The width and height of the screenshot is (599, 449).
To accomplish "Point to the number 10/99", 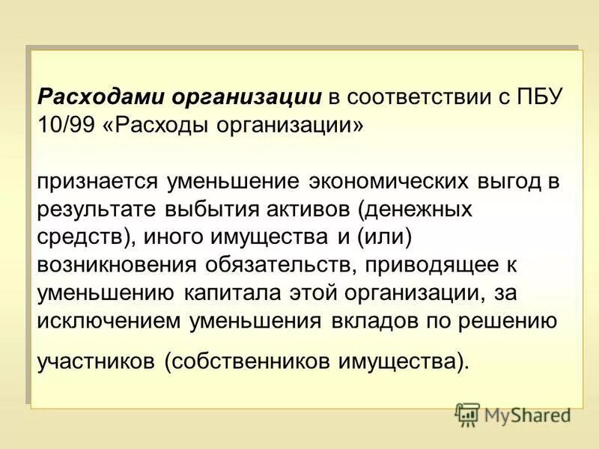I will tap(67, 123).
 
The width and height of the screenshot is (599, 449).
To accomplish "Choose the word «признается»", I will tap(98, 183).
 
